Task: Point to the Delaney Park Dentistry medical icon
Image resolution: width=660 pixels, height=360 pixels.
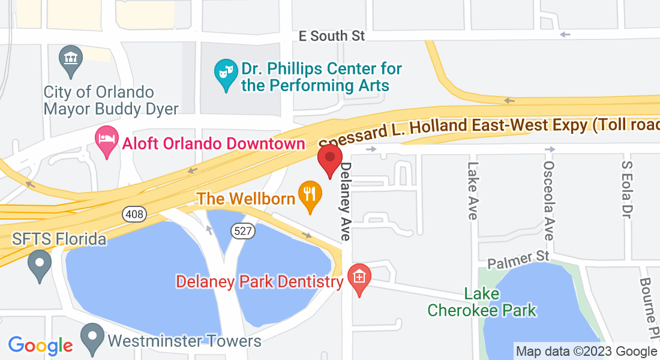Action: [359, 278]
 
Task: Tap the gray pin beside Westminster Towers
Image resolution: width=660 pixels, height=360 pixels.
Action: [92, 337]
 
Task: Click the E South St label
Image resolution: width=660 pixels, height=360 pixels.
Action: [332, 36]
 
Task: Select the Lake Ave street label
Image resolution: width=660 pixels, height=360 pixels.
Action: [473, 191]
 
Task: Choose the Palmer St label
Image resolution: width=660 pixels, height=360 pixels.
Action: [518, 259]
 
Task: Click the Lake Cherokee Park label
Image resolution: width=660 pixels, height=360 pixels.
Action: [482, 302]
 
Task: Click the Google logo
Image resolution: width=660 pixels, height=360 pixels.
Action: [40, 346]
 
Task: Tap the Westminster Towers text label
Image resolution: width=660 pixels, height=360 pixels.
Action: [184, 341]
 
